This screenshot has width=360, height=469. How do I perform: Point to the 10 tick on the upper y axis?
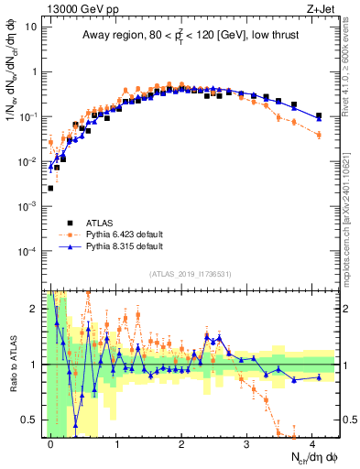coord(31,27)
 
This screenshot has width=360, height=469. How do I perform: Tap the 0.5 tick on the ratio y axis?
coord(31,420)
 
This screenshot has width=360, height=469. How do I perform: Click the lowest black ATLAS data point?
coord(50,188)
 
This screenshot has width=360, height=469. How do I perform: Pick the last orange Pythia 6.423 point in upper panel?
coord(319,135)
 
